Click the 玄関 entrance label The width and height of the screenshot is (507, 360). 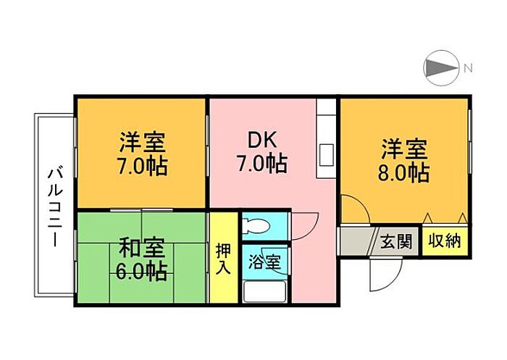pos(396,241)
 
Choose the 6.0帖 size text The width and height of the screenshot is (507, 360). pos(143,272)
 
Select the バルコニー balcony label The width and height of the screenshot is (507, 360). pos(55,206)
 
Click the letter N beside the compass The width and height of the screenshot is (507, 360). pos(468,69)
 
